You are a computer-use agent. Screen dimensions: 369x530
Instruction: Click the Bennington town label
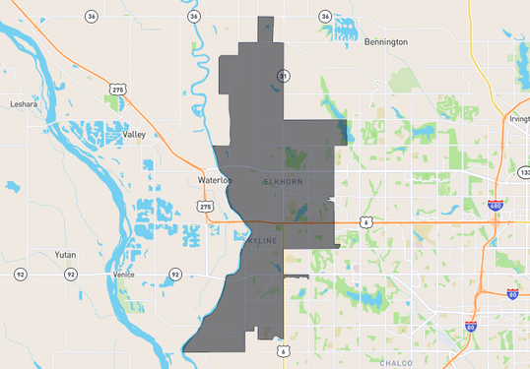385,42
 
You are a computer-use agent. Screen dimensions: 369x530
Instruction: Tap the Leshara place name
24,103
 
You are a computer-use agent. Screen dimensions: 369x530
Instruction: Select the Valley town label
134,134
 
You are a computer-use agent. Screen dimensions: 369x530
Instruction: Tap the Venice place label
124,275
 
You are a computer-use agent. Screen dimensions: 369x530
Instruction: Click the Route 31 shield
284,76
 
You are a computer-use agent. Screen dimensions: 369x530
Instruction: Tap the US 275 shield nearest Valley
118,90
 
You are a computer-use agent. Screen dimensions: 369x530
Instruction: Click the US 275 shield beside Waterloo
205,206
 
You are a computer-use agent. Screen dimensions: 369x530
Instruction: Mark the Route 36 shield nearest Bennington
325,17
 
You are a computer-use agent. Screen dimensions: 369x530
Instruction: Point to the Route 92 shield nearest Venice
174,274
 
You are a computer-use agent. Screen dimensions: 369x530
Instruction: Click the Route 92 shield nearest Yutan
20,274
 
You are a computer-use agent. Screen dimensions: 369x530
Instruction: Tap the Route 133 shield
523,172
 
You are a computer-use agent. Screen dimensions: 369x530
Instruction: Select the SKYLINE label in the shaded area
261,240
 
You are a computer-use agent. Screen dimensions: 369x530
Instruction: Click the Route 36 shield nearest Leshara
91,17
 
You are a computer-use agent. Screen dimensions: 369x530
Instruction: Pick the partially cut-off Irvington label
519,118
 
